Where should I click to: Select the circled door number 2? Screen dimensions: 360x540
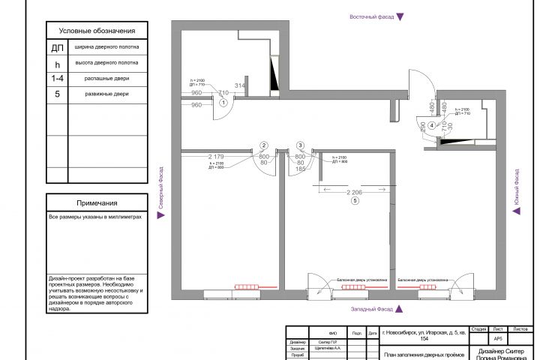click(x=264, y=145)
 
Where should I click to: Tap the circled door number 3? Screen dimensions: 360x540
click(x=300, y=145)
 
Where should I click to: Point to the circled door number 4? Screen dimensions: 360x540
click(x=432, y=126)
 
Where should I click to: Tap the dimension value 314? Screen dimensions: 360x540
click(x=240, y=85)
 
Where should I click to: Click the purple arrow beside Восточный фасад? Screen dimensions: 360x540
click(x=400, y=16)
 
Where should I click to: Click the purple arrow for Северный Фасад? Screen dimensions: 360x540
click(x=159, y=214)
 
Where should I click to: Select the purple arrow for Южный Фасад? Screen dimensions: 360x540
click(x=516, y=212)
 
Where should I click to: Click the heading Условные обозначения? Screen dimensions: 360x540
click(x=97, y=31)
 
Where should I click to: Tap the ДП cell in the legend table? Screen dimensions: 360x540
click(x=57, y=48)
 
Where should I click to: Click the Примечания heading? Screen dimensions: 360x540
click(x=97, y=203)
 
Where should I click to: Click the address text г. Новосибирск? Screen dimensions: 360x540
click(x=424, y=334)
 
